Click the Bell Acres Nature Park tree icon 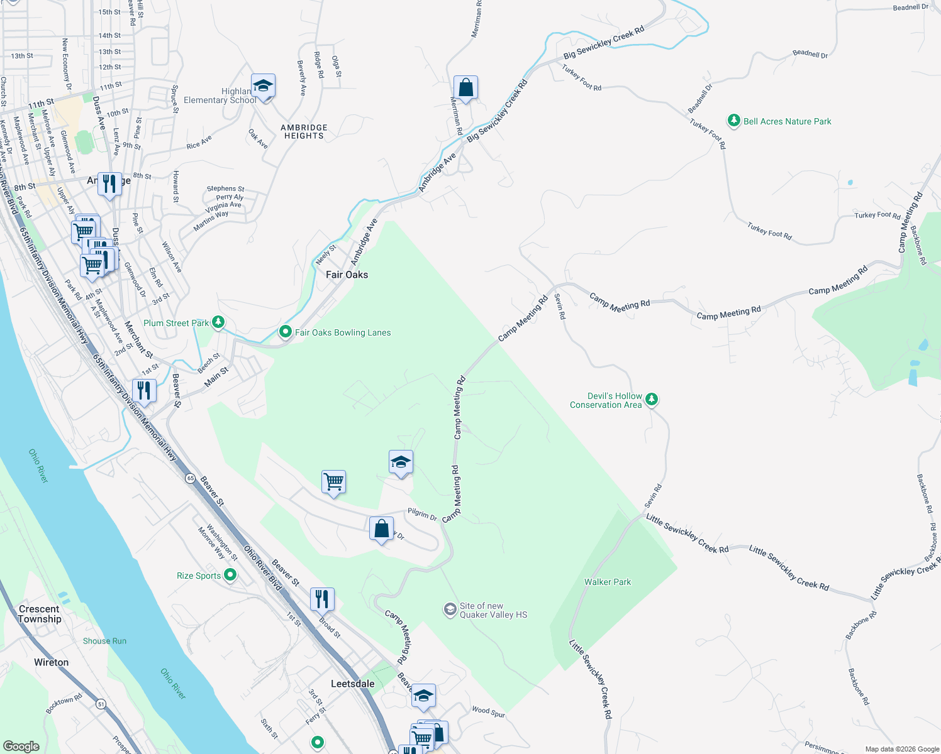click(733, 121)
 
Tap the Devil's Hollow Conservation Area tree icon click(652, 399)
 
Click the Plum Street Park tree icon click(218, 322)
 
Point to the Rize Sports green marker click(230, 574)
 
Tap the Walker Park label click(607, 582)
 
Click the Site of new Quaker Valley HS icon click(450, 609)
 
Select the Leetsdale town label click(352, 684)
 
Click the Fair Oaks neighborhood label click(347, 275)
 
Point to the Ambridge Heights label click(304, 131)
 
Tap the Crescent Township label click(40, 614)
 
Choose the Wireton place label click(52, 662)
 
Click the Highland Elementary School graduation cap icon click(263, 85)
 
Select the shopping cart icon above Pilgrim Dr click(333, 482)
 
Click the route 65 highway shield click(190, 478)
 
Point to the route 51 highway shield click(101, 704)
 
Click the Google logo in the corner click(21, 746)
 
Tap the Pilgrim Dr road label click(422, 515)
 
